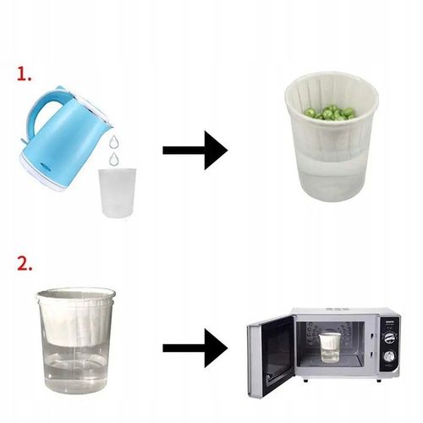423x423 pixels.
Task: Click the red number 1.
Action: [x=24, y=74]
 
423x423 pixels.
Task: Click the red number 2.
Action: [x=25, y=263]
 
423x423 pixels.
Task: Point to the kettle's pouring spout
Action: [x=108, y=124]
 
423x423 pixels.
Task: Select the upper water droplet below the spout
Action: [x=114, y=141]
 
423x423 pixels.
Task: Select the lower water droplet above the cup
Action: [x=114, y=159]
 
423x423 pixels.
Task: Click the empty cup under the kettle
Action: [x=118, y=193]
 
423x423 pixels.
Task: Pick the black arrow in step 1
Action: [x=195, y=151]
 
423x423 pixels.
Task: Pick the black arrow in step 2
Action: [x=195, y=348]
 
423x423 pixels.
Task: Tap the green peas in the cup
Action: [x=330, y=112]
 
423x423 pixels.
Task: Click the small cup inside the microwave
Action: [x=330, y=348]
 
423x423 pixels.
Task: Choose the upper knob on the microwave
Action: [x=390, y=337]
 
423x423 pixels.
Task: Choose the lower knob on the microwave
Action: [x=390, y=356]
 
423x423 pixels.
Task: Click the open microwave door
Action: [x=272, y=356]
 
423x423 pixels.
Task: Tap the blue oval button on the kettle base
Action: [x=45, y=166]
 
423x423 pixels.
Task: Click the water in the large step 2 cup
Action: [x=76, y=366]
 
